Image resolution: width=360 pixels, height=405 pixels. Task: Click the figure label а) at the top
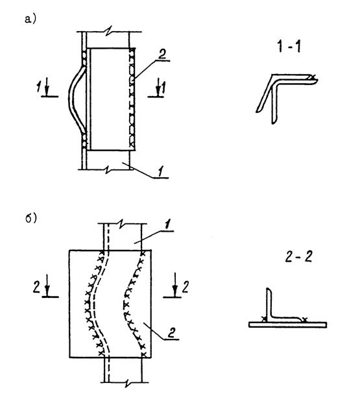[30, 19]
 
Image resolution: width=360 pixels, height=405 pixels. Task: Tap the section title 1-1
[289, 47]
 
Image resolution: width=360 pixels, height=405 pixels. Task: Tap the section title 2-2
[299, 257]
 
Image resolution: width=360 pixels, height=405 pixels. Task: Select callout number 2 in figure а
[162, 55]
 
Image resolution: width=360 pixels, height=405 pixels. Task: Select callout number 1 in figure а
[160, 171]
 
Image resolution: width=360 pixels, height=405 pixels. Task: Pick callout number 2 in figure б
[171, 333]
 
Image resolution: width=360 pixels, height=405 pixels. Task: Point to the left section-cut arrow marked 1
[47, 88]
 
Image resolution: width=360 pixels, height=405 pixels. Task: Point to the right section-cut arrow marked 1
[158, 88]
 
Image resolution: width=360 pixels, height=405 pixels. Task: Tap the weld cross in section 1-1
[313, 77]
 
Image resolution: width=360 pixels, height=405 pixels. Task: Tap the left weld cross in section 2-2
[264, 319]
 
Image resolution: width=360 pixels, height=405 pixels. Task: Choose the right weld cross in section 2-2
[305, 320]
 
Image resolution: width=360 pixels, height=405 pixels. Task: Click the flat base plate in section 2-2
[288, 325]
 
